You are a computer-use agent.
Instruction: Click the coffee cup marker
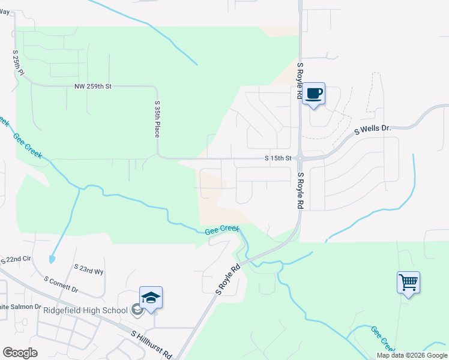click(314, 94)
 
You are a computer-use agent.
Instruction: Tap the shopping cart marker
click(408, 281)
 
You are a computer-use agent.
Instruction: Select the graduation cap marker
click(151, 298)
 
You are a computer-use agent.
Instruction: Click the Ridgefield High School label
click(85, 310)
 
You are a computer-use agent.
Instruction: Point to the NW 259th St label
click(93, 86)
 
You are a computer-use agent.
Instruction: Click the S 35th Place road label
click(157, 119)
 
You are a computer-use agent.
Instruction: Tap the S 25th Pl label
click(17, 62)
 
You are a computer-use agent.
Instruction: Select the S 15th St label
click(278, 159)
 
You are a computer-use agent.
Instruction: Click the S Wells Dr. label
click(372, 129)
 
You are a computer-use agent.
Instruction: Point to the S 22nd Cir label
click(16, 260)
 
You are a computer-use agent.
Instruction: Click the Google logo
click(20, 353)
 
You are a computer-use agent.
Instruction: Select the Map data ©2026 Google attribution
click(412, 355)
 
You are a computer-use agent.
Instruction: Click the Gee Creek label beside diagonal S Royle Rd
click(221, 230)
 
